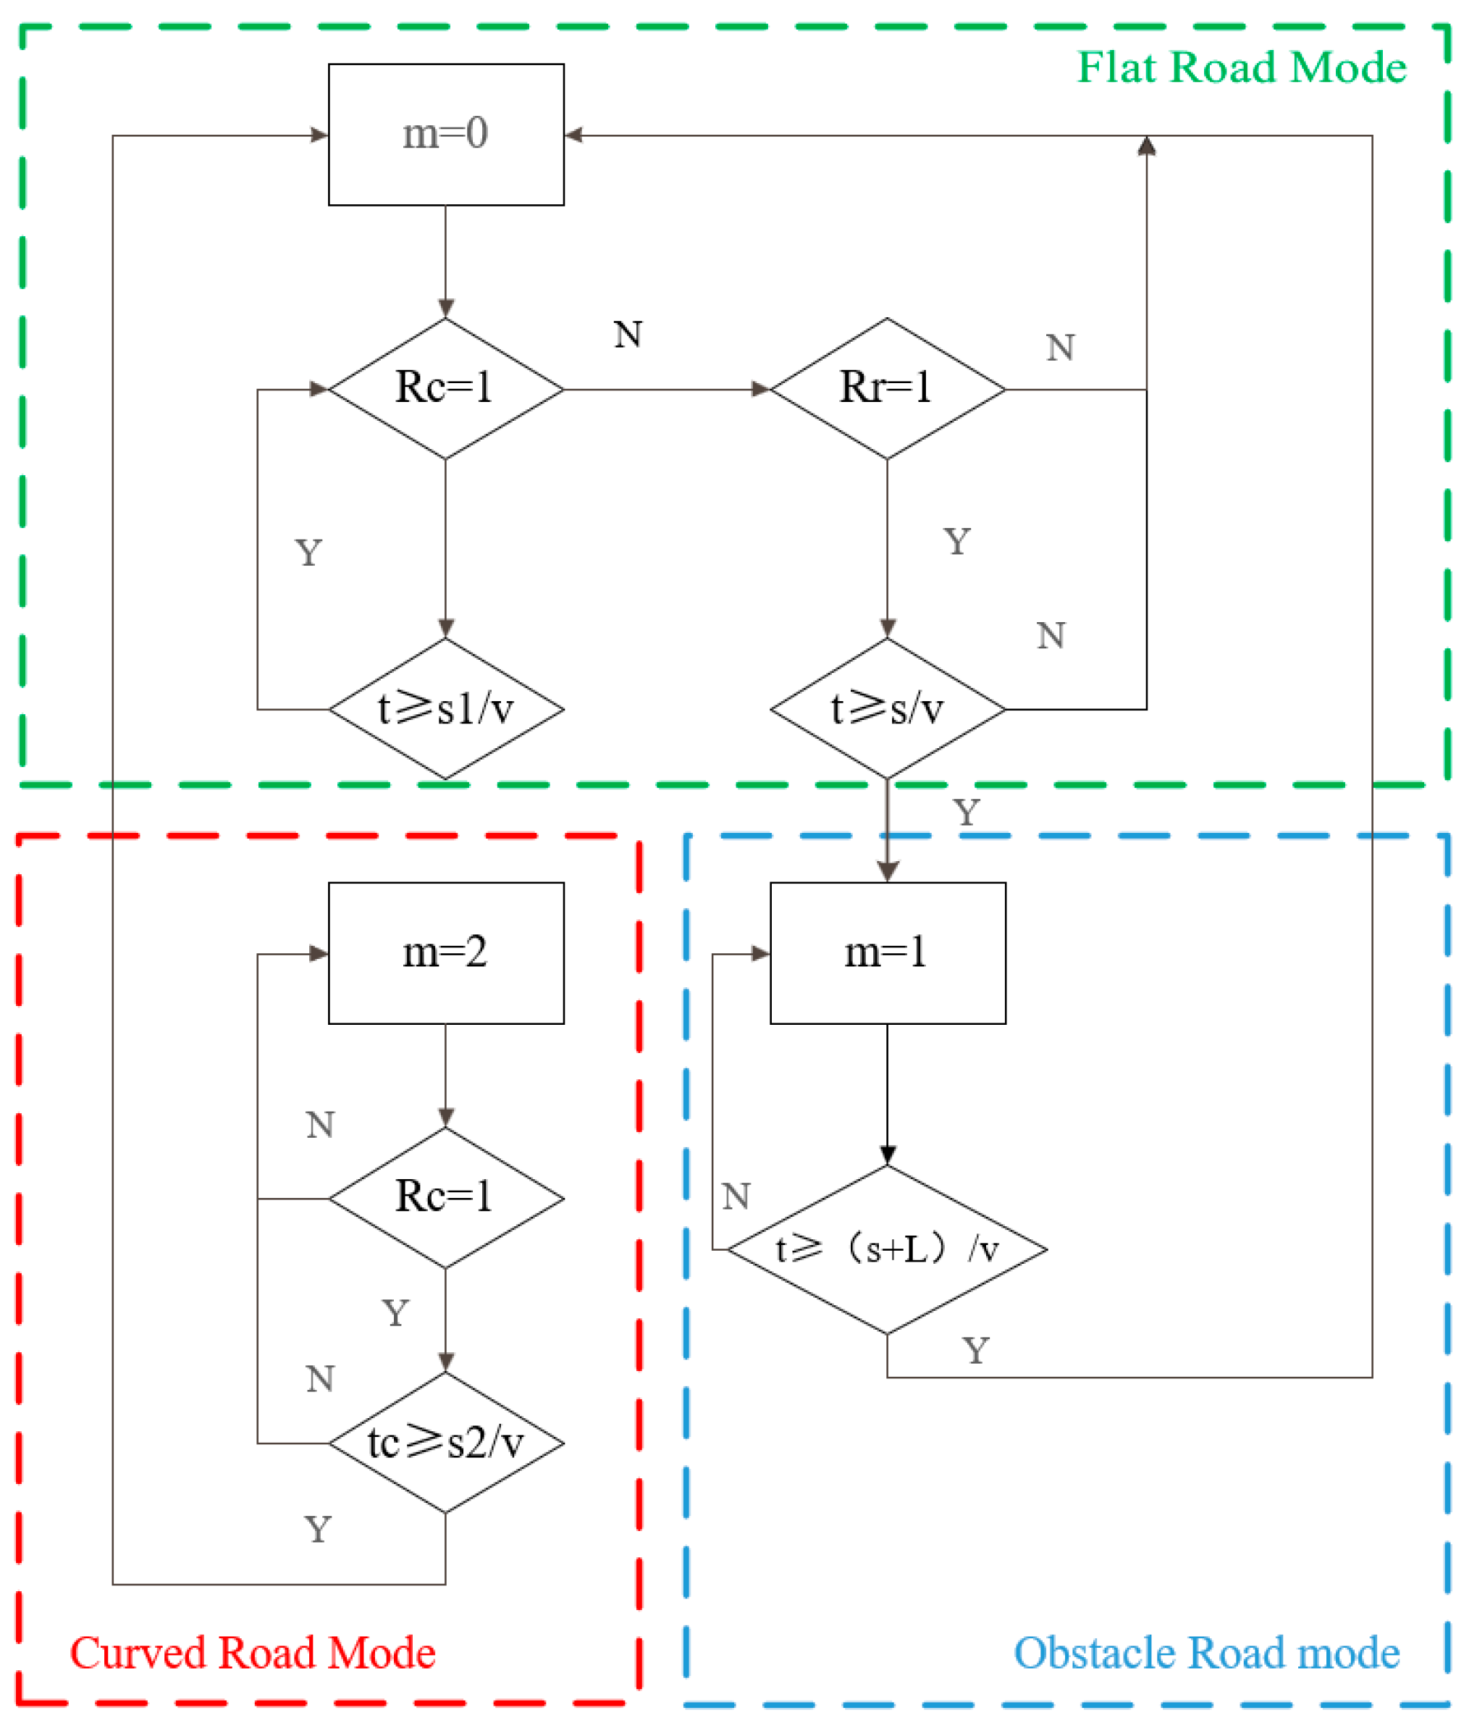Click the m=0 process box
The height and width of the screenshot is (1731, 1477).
click(445, 134)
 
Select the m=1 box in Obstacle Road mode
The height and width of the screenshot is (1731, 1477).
click(887, 952)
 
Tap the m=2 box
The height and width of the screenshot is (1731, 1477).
click(445, 952)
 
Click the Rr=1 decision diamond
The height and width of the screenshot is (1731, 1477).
click(887, 388)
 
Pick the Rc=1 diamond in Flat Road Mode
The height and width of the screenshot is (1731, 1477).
click(445, 388)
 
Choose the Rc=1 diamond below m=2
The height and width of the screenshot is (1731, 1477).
click(445, 1198)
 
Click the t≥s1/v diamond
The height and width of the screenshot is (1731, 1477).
click(445, 708)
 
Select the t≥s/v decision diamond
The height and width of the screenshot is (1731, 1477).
click(887, 708)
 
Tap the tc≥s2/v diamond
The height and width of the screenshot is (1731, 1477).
click(445, 1442)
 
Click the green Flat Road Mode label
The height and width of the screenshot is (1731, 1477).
click(1241, 67)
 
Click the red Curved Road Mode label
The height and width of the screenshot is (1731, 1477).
click(252, 1653)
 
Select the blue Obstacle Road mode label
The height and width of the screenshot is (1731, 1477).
click(1205, 1653)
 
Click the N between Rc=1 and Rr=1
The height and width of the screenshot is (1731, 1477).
click(628, 334)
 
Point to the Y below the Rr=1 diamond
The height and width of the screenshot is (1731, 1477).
click(957, 541)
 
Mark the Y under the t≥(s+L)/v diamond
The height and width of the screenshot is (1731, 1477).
click(975, 1351)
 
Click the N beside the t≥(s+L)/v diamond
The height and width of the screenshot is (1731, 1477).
click(736, 1196)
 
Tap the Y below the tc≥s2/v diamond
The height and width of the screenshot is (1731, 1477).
click(317, 1530)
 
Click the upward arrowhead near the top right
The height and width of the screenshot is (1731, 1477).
click(1146, 146)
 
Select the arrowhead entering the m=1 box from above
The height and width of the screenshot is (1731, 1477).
click(887, 871)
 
